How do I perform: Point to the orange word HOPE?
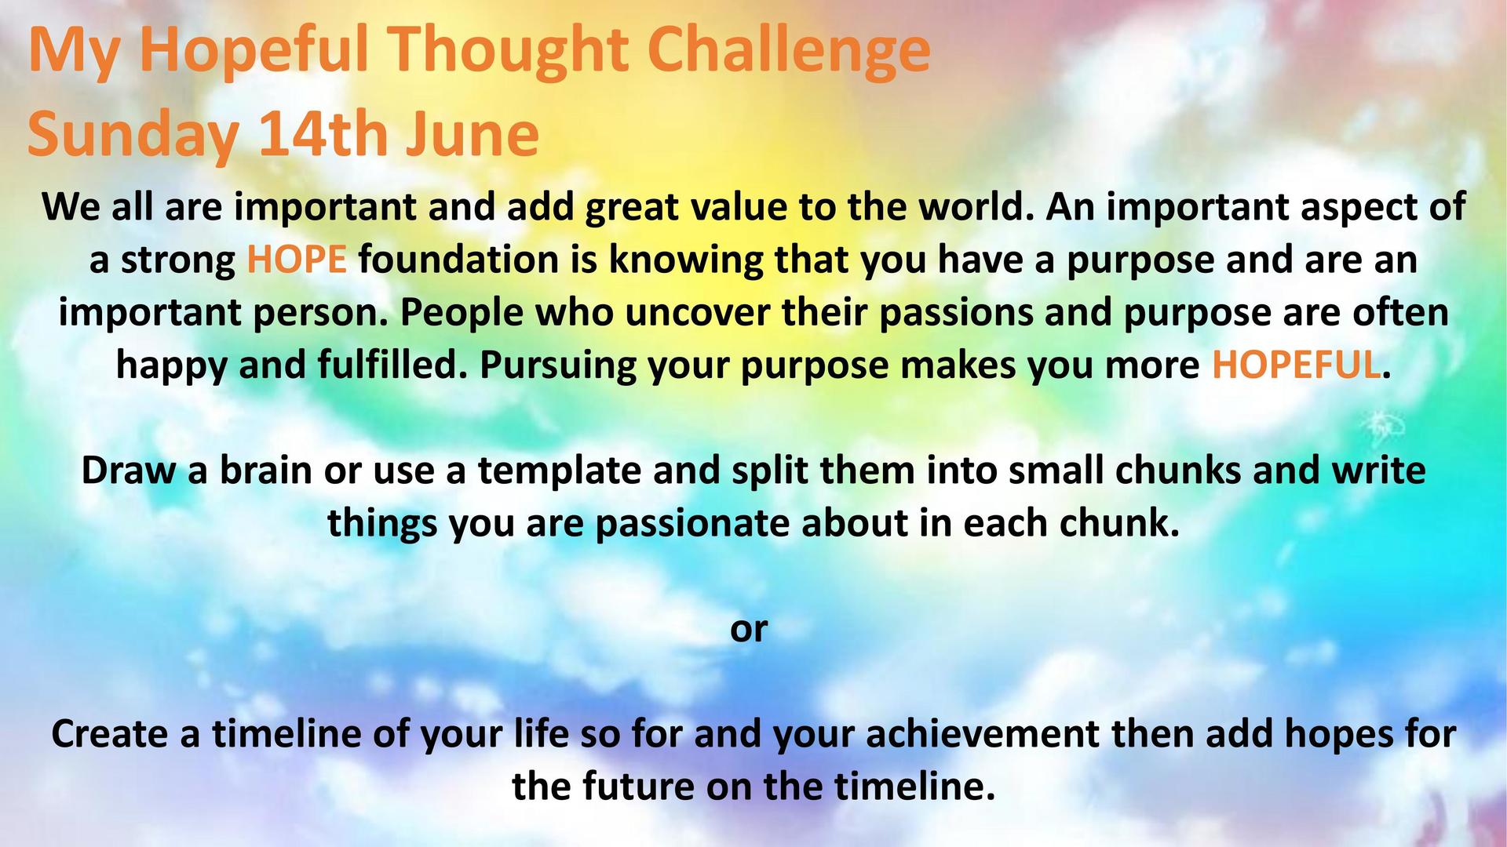point(297,260)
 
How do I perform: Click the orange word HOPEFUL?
point(1296,365)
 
